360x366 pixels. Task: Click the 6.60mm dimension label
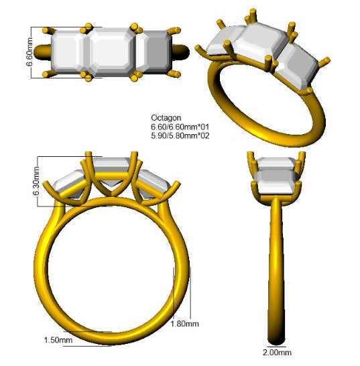click(29, 52)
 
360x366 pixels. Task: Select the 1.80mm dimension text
click(184, 324)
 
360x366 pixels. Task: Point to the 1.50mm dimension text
click(58, 340)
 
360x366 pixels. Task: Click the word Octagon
click(166, 118)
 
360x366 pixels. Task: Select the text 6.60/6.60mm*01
click(180, 127)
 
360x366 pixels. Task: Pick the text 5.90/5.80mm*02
click(180, 135)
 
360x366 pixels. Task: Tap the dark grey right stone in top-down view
click(156, 52)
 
